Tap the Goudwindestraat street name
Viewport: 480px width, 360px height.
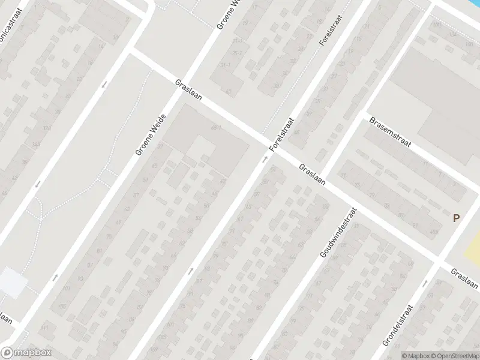(338, 233)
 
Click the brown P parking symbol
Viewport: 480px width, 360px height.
(456, 219)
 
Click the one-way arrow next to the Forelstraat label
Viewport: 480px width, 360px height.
(264, 160)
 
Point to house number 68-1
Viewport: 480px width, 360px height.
(217, 128)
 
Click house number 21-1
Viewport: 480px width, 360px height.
(238, 41)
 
